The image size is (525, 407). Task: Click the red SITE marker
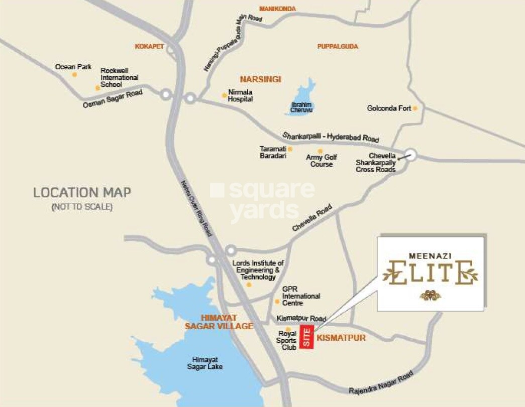306,337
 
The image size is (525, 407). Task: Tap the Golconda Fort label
389,108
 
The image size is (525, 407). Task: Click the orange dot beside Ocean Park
74,75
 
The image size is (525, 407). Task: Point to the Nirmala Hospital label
240,96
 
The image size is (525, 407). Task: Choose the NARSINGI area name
260,79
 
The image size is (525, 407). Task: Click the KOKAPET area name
150,46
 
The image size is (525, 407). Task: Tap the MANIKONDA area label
277,9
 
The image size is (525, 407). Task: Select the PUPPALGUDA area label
338,46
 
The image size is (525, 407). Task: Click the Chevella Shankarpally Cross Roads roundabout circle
411,155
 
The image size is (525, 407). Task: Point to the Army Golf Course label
322,161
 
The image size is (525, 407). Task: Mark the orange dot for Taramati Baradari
290,149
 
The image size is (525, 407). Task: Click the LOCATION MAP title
82,192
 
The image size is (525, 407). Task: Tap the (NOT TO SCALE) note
82,207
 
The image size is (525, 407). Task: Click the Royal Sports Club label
287,340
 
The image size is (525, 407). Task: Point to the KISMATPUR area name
341,338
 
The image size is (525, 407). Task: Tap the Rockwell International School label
120,77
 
